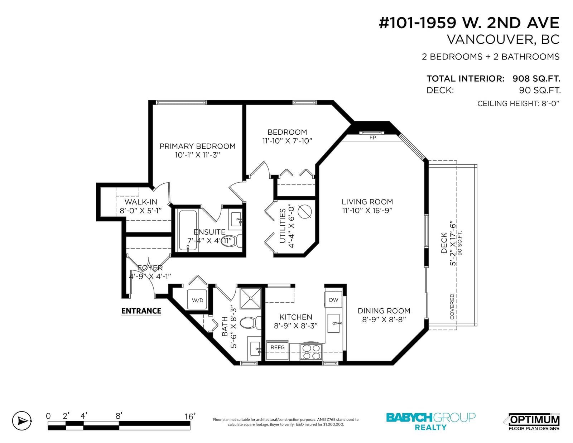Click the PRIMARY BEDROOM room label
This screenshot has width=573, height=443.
pyautogui.click(x=197, y=146)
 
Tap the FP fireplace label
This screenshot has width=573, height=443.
pyautogui.click(x=372, y=138)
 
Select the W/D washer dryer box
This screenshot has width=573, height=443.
pyautogui.click(x=197, y=300)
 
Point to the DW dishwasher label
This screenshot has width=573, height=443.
pyautogui.click(x=333, y=300)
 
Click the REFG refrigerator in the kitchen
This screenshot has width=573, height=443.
pyautogui.click(x=278, y=351)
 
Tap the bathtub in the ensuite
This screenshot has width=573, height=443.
pyautogui.click(x=188, y=231)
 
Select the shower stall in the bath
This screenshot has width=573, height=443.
pyautogui.click(x=250, y=298)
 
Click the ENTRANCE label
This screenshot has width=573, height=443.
pyautogui.click(x=141, y=311)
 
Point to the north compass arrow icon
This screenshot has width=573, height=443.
pyautogui.click(x=22, y=421)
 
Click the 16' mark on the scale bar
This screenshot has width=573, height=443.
pyautogui.click(x=190, y=416)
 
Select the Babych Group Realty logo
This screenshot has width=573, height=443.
pyautogui.click(x=431, y=422)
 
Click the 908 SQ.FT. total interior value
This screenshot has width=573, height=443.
pyautogui.click(x=536, y=78)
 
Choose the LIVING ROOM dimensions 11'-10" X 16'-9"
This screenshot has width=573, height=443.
pyautogui.click(x=367, y=211)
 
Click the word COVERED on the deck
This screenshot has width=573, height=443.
pyautogui.click(x=452, y=307)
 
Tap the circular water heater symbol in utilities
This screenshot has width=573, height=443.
pyautogui.click(x=305, y=212)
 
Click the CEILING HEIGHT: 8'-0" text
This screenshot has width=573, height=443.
pyautogui.click(x=519, y=103)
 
